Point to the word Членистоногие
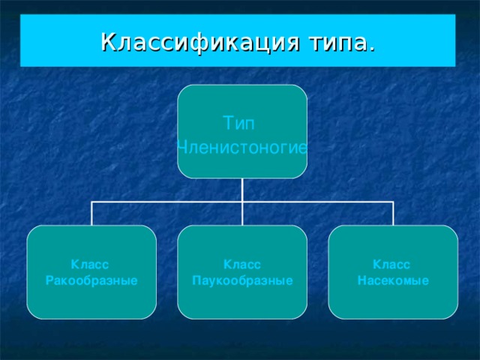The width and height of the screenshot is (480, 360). point(241,148)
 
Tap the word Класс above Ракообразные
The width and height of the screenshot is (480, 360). point(91,265)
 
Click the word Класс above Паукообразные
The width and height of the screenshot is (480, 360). point(241,265)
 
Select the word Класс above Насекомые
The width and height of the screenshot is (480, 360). point(391,265)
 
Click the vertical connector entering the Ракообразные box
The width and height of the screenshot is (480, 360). point(91,214)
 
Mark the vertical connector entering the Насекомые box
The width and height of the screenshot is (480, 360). point(393,214)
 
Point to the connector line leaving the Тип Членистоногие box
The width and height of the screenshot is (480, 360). point(242,190)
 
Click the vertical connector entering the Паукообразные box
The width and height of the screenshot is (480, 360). point(242,214)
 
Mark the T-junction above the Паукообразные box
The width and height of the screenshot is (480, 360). point(242,202)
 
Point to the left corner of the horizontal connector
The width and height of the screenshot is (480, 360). point(91,202)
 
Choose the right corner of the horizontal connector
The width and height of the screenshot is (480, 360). point(393,202)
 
